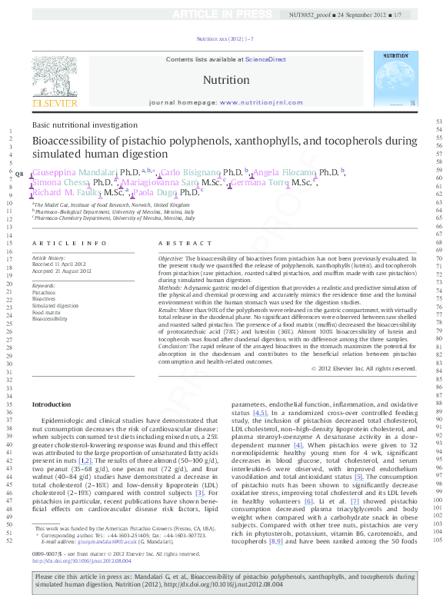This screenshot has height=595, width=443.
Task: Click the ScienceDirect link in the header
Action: [x=265, y=59]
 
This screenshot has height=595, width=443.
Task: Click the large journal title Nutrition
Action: [x=225, y=80]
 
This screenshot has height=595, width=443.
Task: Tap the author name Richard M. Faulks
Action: [x=67, y=193]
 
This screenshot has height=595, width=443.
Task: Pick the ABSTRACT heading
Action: [x=175, y=243]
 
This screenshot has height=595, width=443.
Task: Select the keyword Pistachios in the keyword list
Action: [x=43, y=293]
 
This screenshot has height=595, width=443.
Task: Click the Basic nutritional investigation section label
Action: [x=85, y=125]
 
